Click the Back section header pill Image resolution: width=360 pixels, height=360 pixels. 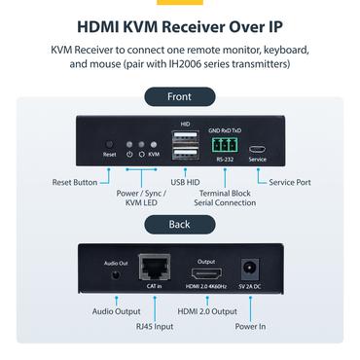[x=179, y=224]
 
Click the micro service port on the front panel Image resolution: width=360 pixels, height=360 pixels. [x=257, y=148]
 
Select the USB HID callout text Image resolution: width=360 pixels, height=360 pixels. [x=184, y=182]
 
